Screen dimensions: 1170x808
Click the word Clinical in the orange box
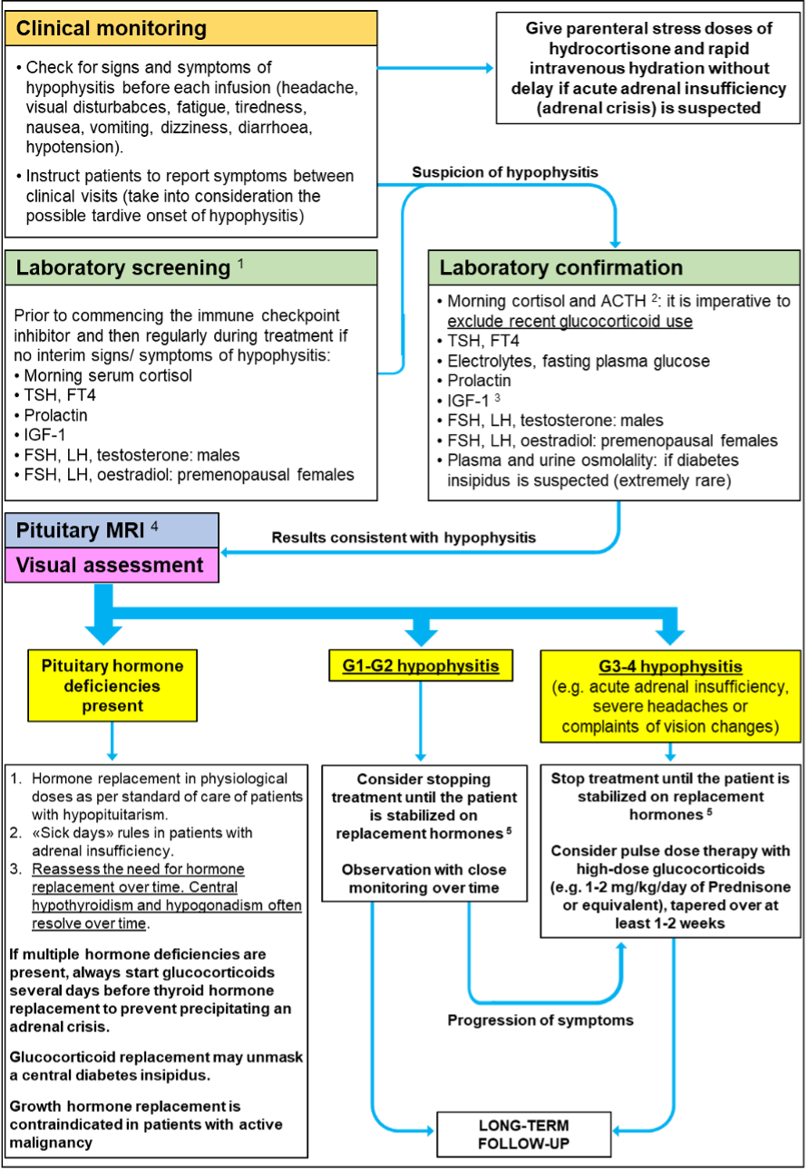(53, 29)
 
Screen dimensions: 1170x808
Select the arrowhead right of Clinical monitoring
(489, 69)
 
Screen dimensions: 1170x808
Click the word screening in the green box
(186, 268)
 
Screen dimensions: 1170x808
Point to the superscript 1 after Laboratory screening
(241, 263)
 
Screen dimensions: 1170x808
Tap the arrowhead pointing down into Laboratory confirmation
(615, 243)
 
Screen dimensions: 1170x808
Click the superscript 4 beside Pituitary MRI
(154, 525)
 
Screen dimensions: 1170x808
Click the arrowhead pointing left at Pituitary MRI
(226, 552)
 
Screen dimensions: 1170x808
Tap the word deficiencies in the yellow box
(112, 686)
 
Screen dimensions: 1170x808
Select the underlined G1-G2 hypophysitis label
(421, 666)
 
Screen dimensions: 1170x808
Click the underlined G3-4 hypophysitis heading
(670, 667)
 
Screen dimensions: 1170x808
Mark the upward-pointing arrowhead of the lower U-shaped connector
(621, 947)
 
